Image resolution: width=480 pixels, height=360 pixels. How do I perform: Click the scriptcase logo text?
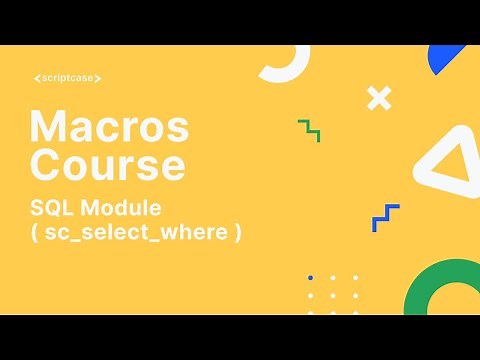click(x=67, y=78)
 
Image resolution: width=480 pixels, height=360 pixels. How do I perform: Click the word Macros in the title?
click(x=110, y=127)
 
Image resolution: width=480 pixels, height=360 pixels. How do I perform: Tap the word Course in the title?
click(x=107, y=163)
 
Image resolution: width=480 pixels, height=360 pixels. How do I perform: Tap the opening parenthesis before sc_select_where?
click(x=35, y=234)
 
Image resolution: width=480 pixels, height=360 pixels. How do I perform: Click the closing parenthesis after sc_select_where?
click(x=238, y=234)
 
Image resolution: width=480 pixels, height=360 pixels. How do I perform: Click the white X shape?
click(x=378, y=98)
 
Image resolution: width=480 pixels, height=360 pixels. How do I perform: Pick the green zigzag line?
click(x=309, y=130)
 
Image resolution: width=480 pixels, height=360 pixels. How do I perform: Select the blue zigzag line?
click(x=386, y=217)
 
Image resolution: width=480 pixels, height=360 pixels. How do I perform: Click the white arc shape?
click(x=284, y=64)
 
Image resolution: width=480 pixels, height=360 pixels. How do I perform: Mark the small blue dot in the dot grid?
click(x=311, y=277)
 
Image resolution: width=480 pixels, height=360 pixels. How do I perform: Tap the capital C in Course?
click(x=44, y=163)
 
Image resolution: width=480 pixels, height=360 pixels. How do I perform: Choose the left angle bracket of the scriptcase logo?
click(x=36, y=78)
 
